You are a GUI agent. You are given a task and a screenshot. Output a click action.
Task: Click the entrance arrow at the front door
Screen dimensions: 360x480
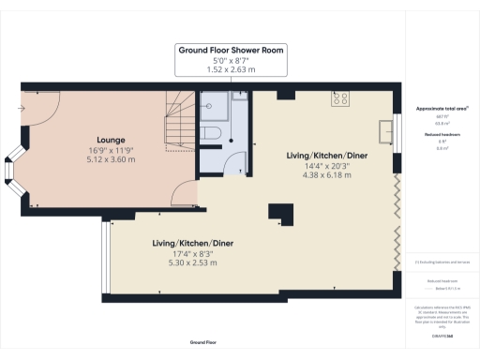tap(22, 107)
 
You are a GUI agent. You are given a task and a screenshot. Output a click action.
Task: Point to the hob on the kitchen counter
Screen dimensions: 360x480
tap(339, 97)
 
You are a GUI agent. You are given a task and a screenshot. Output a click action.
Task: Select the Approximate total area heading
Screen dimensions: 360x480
tap(441, 109)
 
